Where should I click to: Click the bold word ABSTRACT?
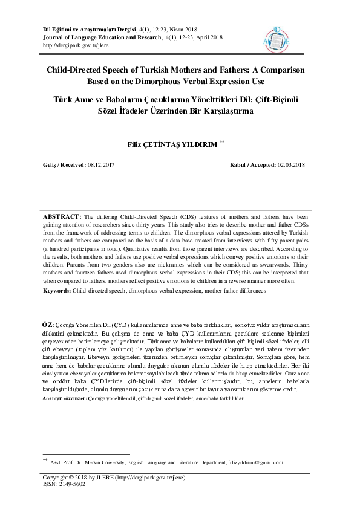(62, 216)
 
